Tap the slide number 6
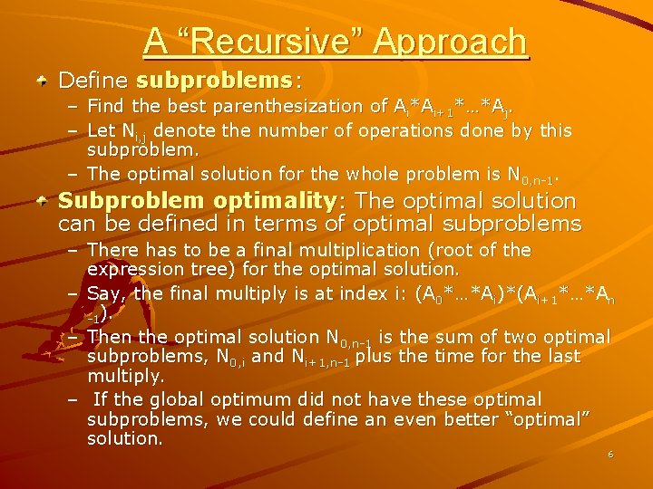[x=610, y=455]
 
